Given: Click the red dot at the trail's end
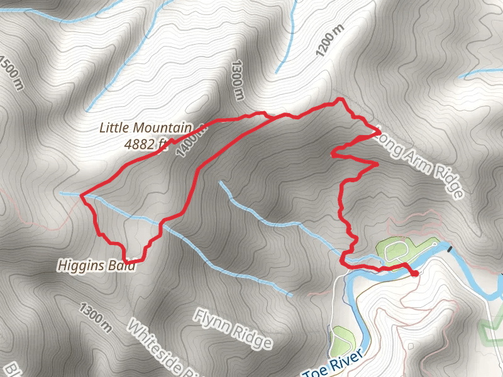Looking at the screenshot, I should (x=414, y=273).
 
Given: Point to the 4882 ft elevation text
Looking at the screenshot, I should (x=145, y=144).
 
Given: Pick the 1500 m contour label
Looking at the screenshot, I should (x=11, y=72).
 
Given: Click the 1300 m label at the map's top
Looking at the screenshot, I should (x=237, y=80).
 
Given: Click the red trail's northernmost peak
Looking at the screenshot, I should (x=340, y=99).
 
